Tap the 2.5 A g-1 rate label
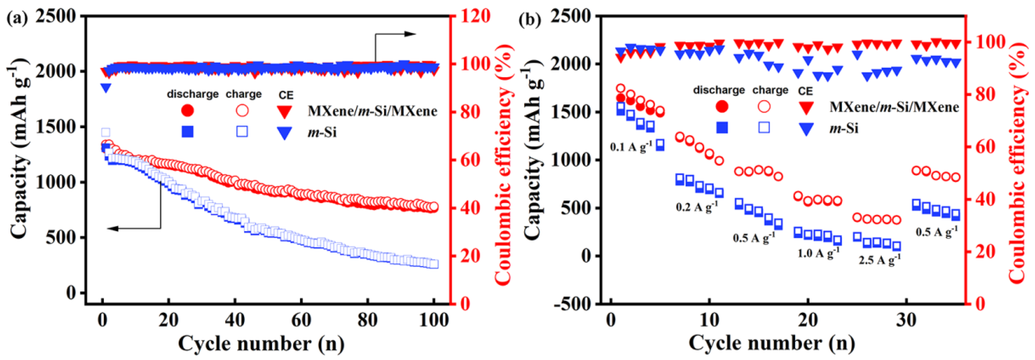[x=879, y=259]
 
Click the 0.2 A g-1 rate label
[x=697, y=207]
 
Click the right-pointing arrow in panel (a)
[x=410, y=34]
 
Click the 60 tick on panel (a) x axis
[x=301, y=320]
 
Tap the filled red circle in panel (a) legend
[x=188, y=110]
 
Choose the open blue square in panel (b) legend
[x=763, y=127]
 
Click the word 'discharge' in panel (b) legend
[x=719, y=91]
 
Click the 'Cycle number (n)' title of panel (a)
[x=261, y=344]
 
